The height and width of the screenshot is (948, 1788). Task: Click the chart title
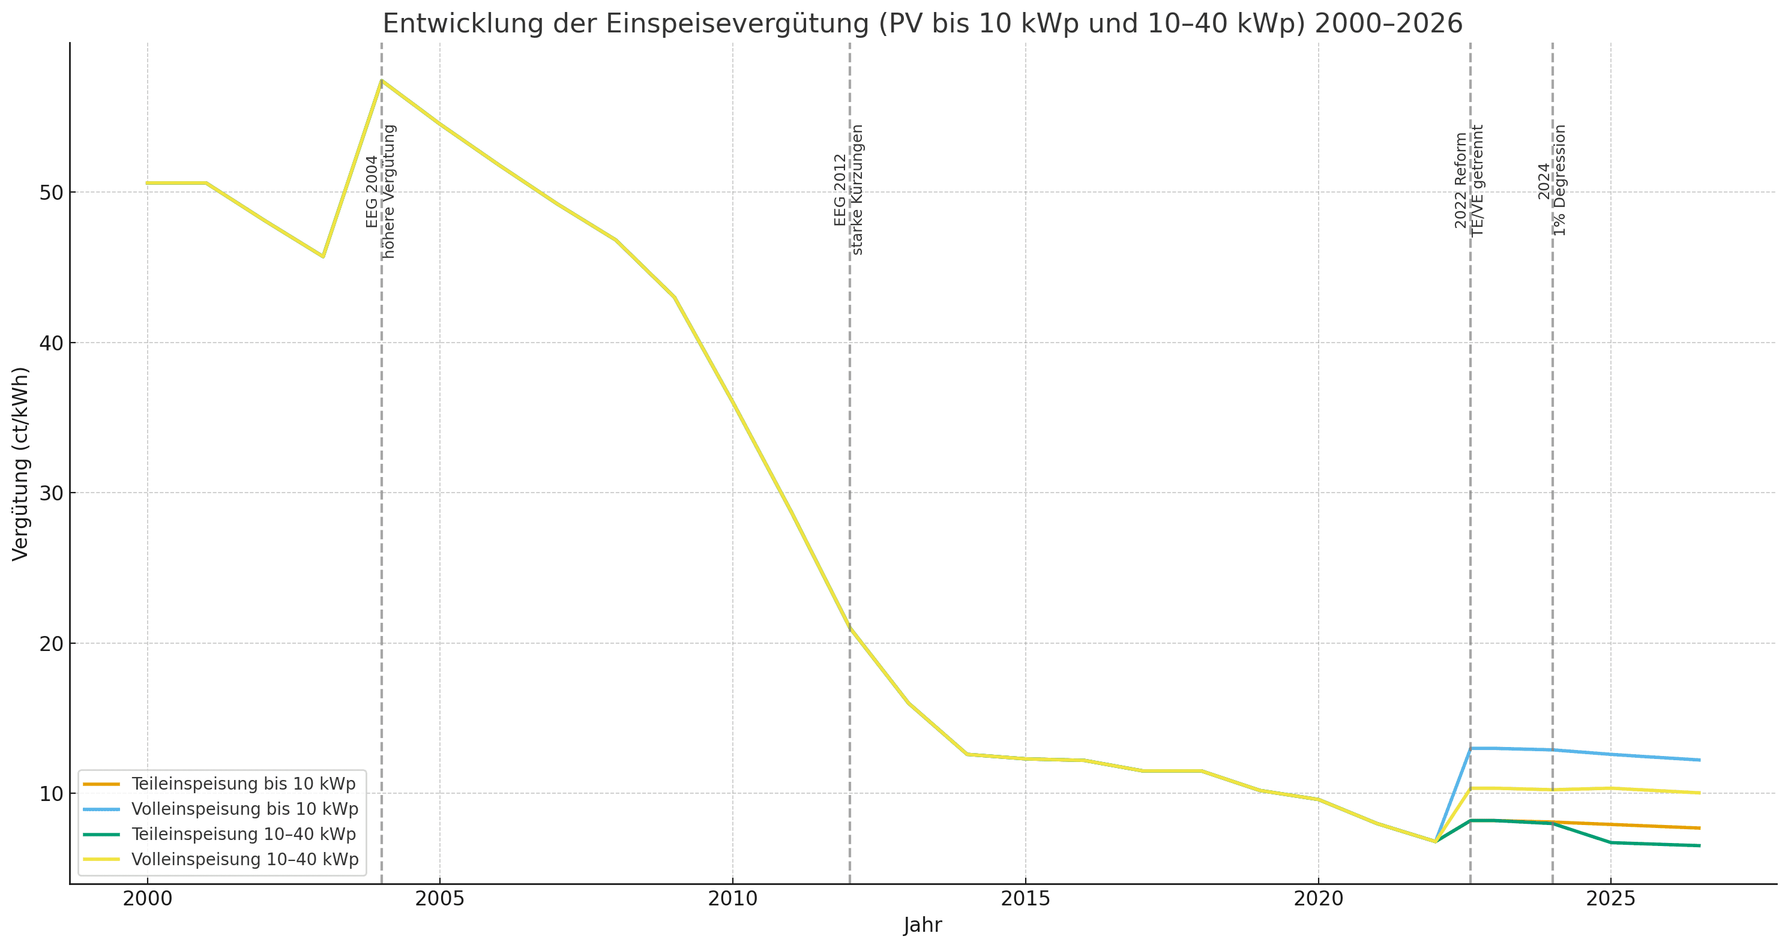click(923, 23)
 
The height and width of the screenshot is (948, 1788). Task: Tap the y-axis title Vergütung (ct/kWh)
click(21, 464)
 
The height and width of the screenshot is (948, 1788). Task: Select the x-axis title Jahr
click(923, 925)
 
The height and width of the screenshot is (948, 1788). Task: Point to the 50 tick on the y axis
click(52, 192)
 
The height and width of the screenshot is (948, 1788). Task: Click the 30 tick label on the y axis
click(52, 493)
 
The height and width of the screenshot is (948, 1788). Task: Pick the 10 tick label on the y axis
click(52, 794)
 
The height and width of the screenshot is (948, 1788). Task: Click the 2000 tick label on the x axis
click(147, 899)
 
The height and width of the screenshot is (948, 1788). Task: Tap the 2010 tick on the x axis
click(732, 899)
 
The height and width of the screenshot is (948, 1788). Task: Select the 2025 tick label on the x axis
click(1611, 899)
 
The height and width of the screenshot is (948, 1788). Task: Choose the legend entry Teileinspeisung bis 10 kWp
click(243, 784)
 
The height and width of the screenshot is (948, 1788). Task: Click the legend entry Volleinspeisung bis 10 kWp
click(244, 809)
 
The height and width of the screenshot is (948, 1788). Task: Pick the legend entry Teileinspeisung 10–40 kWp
click(243, 834)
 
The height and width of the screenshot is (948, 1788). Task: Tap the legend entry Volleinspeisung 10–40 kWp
click(244, 860)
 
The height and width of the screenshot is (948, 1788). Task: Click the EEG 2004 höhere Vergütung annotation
click(381, 191)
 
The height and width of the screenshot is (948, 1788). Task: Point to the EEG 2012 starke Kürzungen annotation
click(848, 190)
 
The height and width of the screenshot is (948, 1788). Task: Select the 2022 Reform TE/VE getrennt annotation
click(1469, 181)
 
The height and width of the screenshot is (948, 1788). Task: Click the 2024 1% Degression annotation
click(1552, 181)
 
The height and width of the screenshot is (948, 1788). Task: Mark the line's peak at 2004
click(382, 80)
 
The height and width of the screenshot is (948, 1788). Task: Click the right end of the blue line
click(1699, 760)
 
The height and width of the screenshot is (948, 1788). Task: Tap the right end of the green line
click(1699, 845)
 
